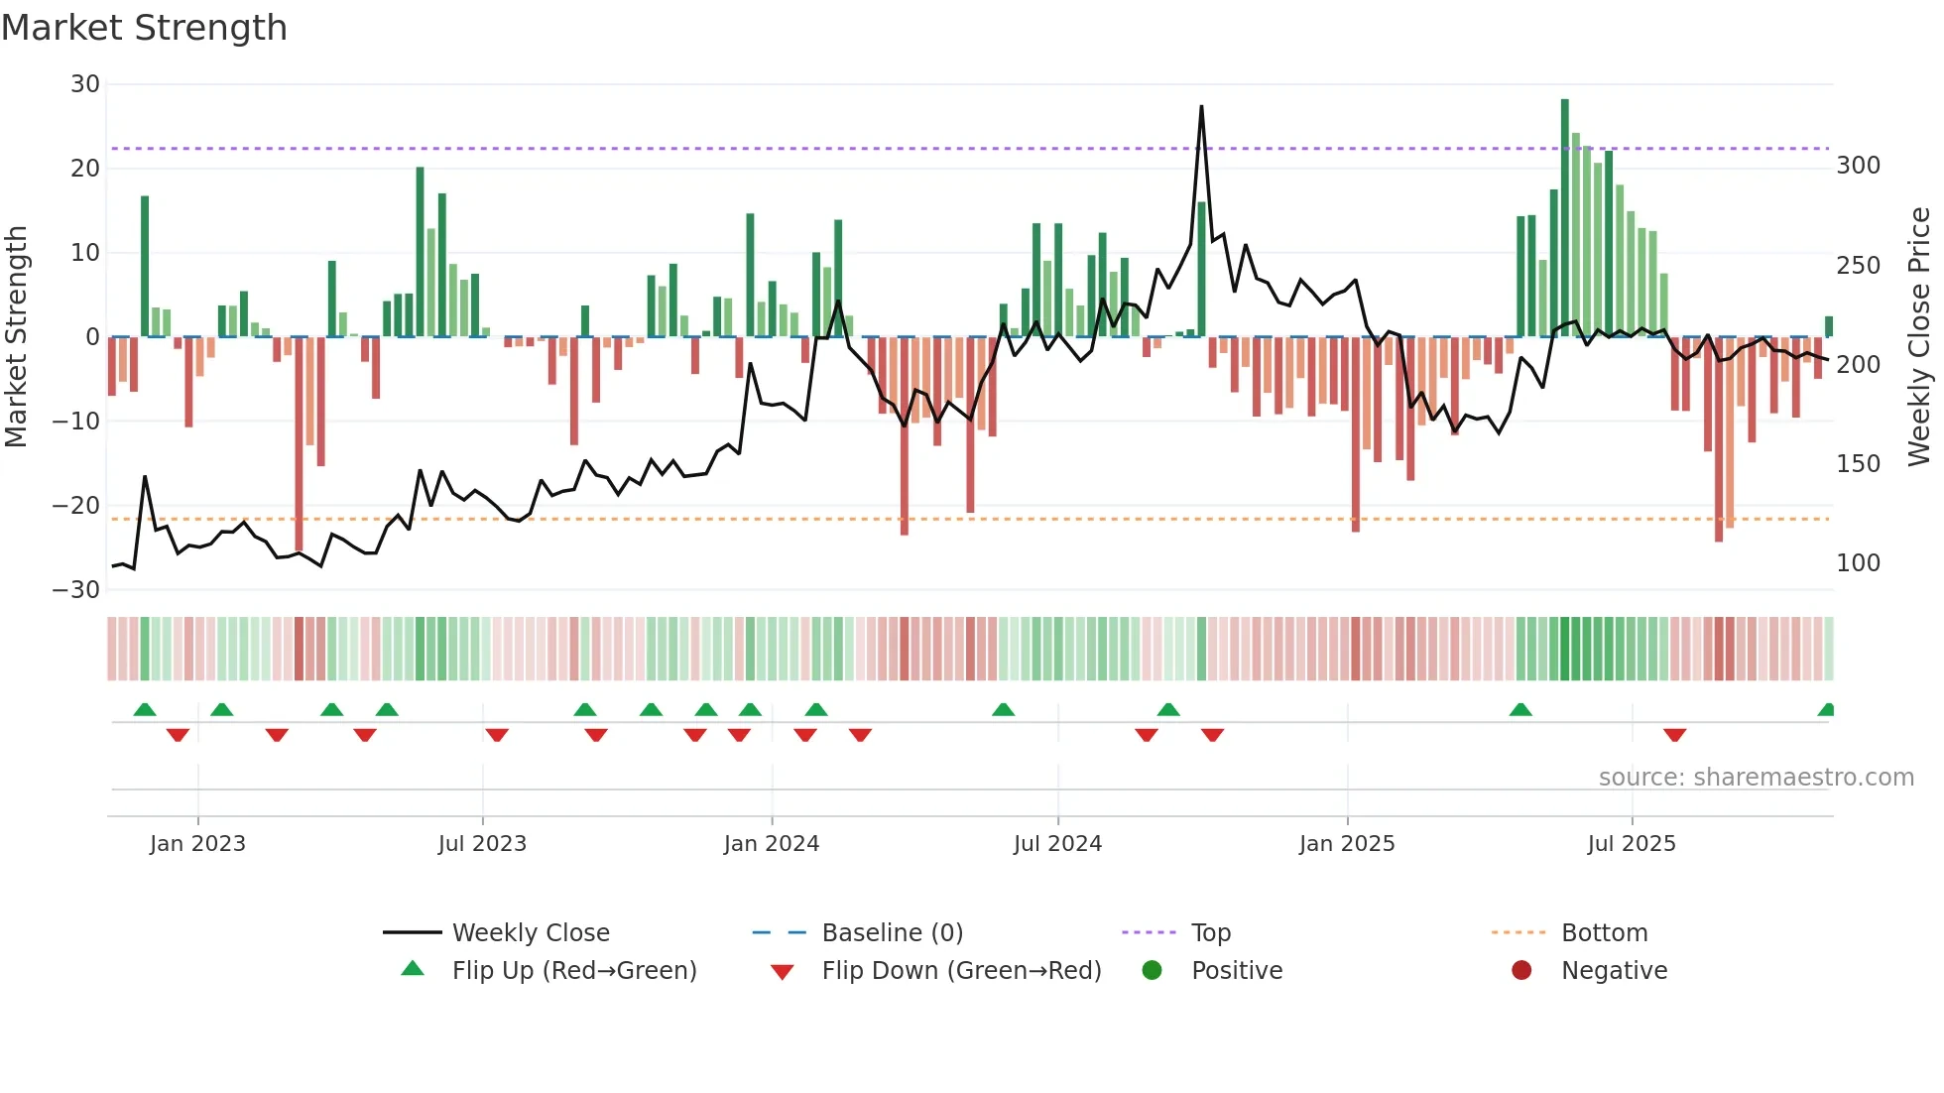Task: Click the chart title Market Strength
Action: click(144, 28)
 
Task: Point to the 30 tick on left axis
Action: click(85, 84)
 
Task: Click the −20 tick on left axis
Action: click(76, 506)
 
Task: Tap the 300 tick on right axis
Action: click(1858, 166)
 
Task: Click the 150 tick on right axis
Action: click(1858, 463)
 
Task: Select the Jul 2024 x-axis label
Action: click(1057, 843)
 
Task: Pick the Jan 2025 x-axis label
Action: click(1346, 843)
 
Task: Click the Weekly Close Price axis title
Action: click(1919, 337)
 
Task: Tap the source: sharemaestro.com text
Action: click(1756, 777)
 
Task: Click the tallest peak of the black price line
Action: click(1201, 107)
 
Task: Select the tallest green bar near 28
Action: click(1564, 218)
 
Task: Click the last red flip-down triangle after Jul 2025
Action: click(1674, 735)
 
